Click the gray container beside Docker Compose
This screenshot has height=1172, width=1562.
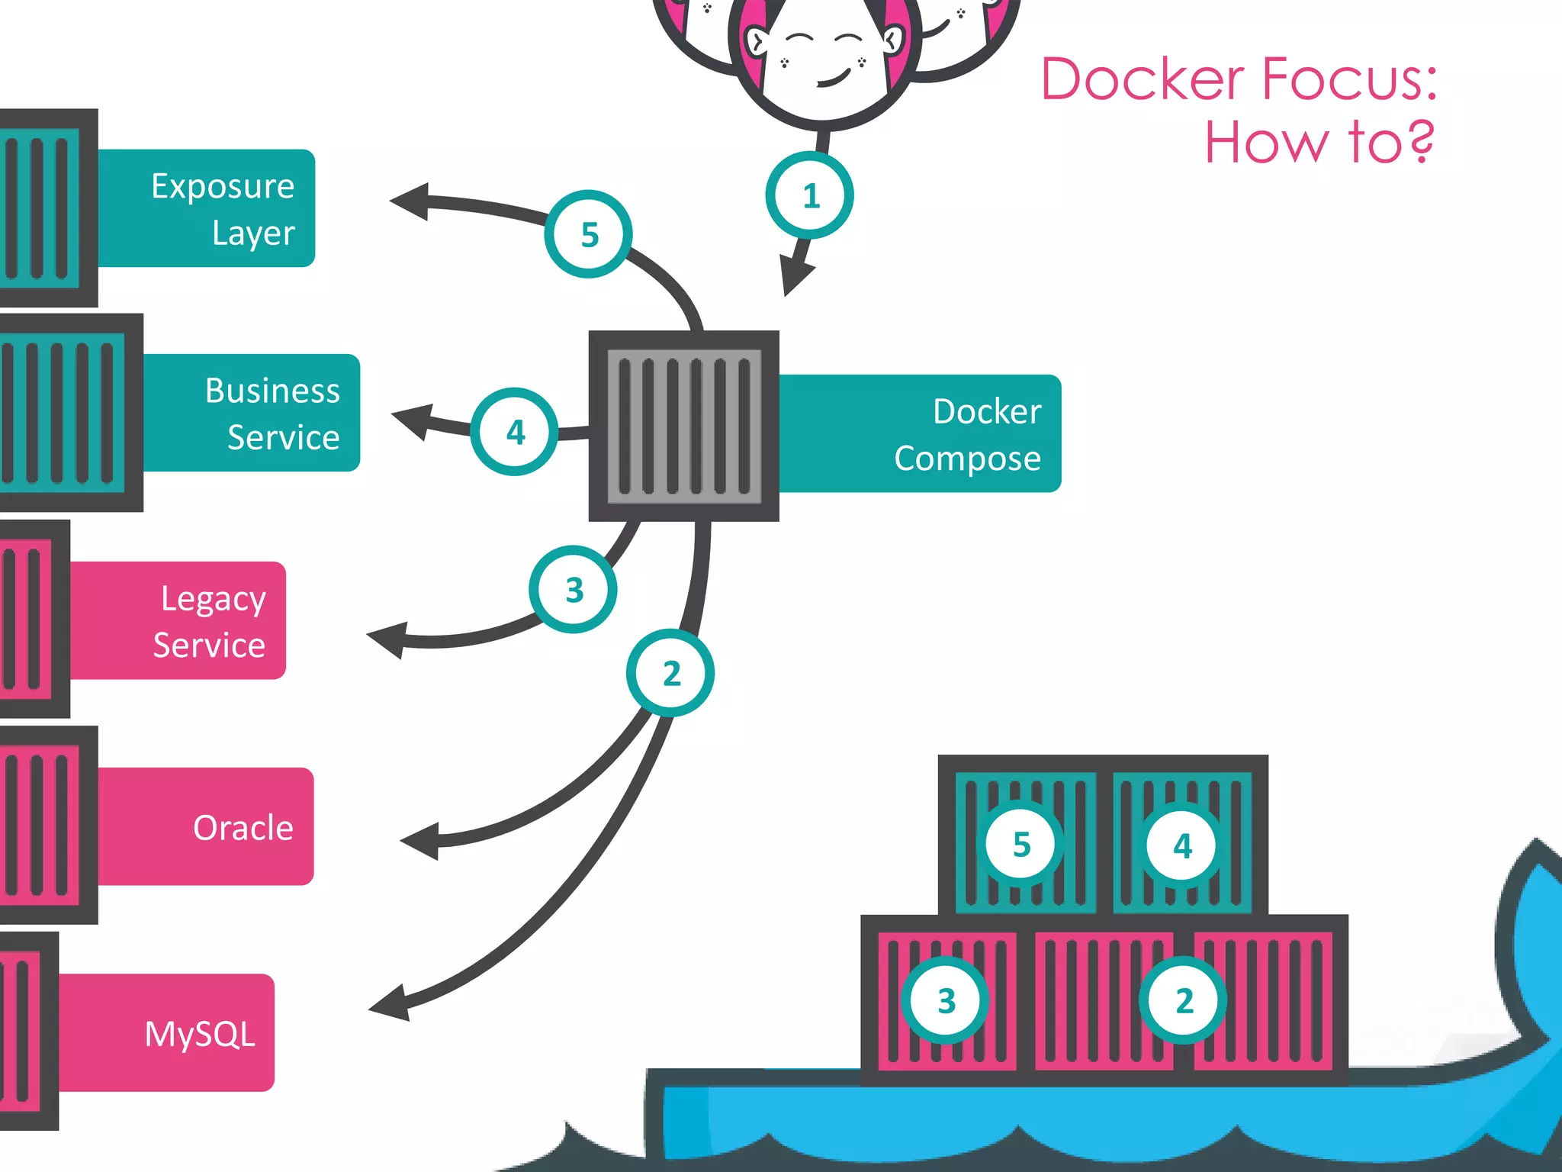coord(683,426)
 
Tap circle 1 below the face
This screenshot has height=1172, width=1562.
coord(810,195)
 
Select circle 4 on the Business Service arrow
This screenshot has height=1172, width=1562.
coord(515,432)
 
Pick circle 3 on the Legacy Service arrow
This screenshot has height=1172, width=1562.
coord(574,589)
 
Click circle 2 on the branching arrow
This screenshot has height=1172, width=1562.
coord(670,673)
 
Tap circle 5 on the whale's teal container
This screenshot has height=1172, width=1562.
coord(1021,845)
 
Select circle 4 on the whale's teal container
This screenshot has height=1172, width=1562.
coord(1181,845)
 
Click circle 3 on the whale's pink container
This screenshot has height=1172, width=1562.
coord(946,1000)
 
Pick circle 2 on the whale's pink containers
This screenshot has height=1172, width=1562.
coord(1183,1000)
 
